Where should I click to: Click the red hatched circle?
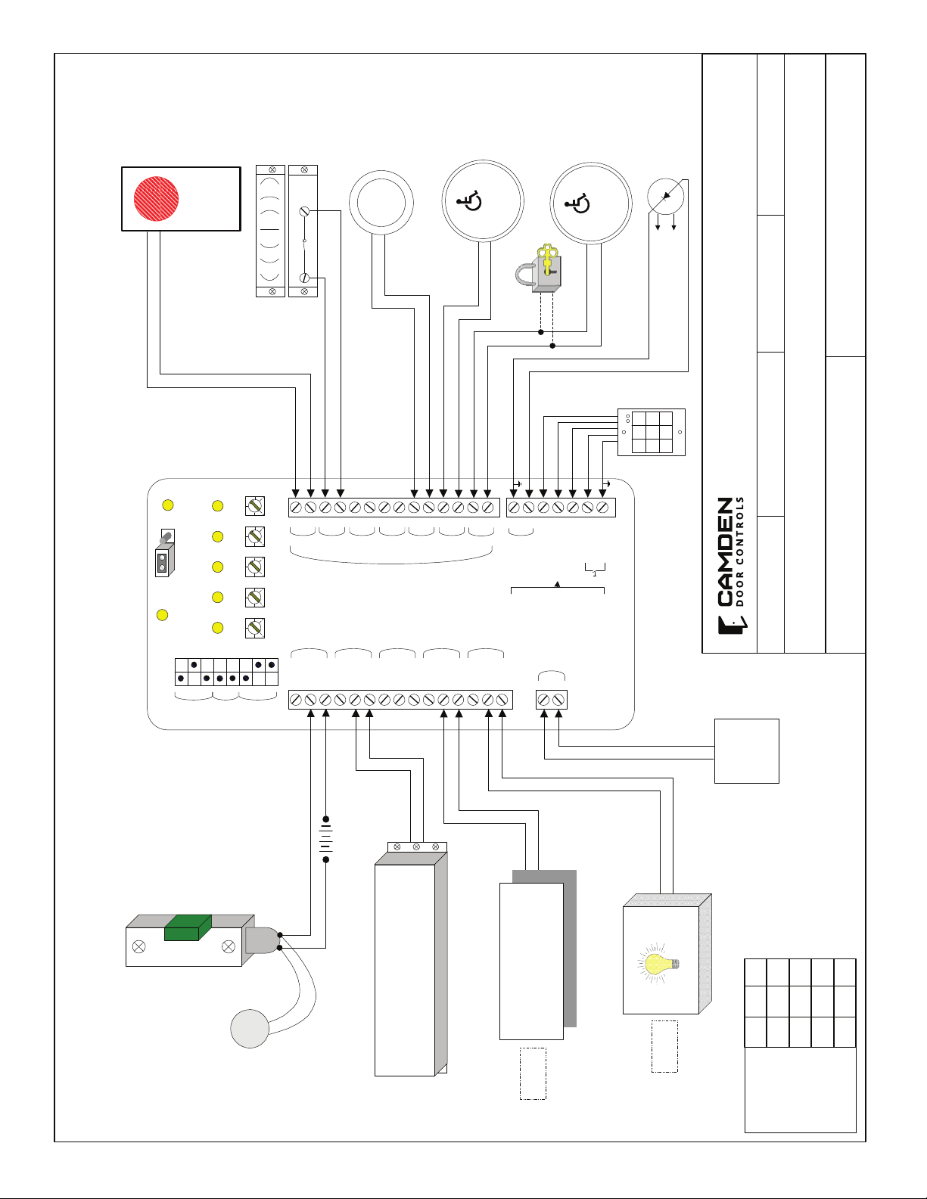[x=157, y=198]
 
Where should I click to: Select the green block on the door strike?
[x=188, y=927]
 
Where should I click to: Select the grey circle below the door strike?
[x=250, y=1029]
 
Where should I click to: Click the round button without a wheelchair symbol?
[x=381, y=203]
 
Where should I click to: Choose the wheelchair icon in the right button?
[x=577, y=203]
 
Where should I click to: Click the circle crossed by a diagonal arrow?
[x=666, y=197]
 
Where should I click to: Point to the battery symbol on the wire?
[x=325, y=839]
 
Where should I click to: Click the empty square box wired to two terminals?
[x=746, y=750]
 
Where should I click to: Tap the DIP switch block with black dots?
[x=226, y=672]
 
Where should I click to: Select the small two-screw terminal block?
[x=551, y=700]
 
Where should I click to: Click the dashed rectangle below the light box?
[x=664, y=1046]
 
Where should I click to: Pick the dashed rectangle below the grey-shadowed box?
[x=533, y=1073]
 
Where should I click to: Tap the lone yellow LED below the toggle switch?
[x=161, y=615]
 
